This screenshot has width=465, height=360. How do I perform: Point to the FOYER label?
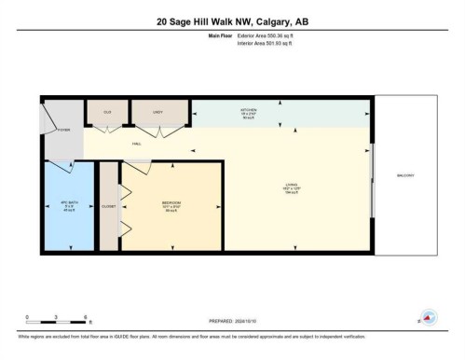(63, 131)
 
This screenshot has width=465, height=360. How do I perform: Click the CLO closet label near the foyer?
(107, 111)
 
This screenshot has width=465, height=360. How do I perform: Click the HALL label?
(137, 143)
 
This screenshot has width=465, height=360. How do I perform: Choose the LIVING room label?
(291, 187)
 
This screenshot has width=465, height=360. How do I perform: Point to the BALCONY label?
(404, 174)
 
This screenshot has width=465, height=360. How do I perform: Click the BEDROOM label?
(171, 204)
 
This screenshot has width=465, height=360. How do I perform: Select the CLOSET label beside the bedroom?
(109, 204)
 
